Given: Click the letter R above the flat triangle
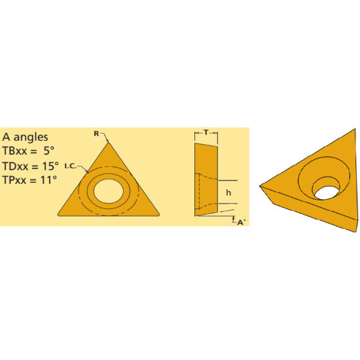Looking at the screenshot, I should (96, 134).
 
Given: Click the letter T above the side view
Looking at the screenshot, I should (206, 132).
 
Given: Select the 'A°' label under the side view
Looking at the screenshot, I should (240, 223).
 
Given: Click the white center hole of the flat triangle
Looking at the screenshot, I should (109, 190).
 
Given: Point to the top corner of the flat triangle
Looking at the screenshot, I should (109, 141).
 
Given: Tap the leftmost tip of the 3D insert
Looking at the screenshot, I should (262, 185).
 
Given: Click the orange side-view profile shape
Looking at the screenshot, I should (207, 177).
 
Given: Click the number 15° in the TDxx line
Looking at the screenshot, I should (50, 166).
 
